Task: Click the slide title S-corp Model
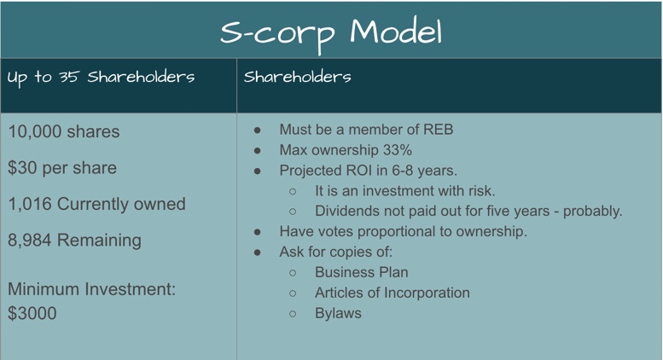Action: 331,34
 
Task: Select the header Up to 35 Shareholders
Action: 101,78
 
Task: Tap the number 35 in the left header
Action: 69,77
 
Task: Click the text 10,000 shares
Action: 64,131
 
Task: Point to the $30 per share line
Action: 62,168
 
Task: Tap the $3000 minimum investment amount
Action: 32,313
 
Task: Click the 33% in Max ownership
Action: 398,150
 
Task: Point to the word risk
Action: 481,190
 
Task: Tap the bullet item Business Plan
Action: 362,272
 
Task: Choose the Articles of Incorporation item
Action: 393,293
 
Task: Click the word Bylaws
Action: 338,313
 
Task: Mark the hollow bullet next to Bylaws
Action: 293,314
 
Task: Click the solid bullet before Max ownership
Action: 257,151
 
